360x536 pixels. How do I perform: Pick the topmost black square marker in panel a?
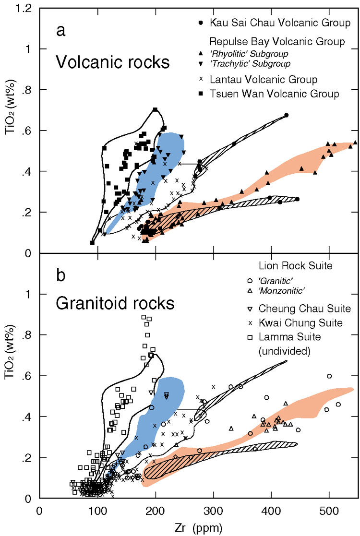tap(155, 110)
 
